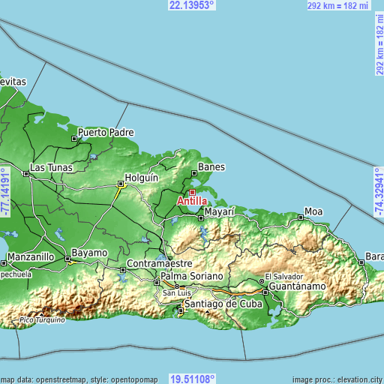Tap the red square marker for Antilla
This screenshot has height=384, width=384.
(x=192, y=192)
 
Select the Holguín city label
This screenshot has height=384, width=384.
(x=142, y=178)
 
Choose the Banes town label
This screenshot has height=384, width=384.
(x=211, y=167)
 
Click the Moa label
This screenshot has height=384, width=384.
(x=313, y=212)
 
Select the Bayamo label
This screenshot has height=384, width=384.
(x=89, y=253)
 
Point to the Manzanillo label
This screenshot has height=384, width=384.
(x=31, y=256)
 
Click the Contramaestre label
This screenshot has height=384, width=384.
(x=160, y=264)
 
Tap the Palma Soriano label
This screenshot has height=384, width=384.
(x=192, y=277)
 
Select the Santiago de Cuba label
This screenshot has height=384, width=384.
(x=221, y=304)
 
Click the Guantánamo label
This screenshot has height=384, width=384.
(x=298, y=286)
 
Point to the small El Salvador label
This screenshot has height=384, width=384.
(x=281, y=275)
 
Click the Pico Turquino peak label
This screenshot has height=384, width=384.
(x=44, y=319)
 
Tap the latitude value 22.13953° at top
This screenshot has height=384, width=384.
(x=192, y=5)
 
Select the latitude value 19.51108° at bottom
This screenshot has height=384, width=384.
(x=192, y=379)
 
